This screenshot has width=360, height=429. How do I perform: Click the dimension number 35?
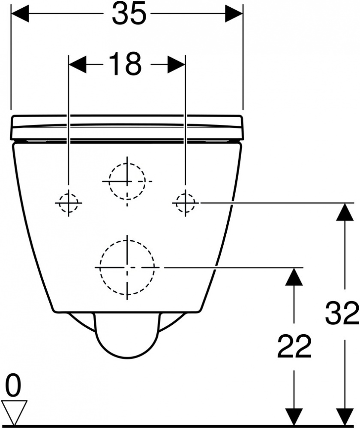(129, 13)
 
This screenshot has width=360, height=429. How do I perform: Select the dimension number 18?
(125, 64)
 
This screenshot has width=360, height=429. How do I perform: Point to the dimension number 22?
(294, 346)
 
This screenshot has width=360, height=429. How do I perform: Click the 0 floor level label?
(13, 386)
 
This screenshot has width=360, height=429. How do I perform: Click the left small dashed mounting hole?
(69, 203)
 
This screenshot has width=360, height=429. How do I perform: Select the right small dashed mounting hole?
(186, 203)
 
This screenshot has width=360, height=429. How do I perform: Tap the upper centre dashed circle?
(127, 181)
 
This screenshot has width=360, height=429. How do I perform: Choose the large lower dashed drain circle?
(127, 267)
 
